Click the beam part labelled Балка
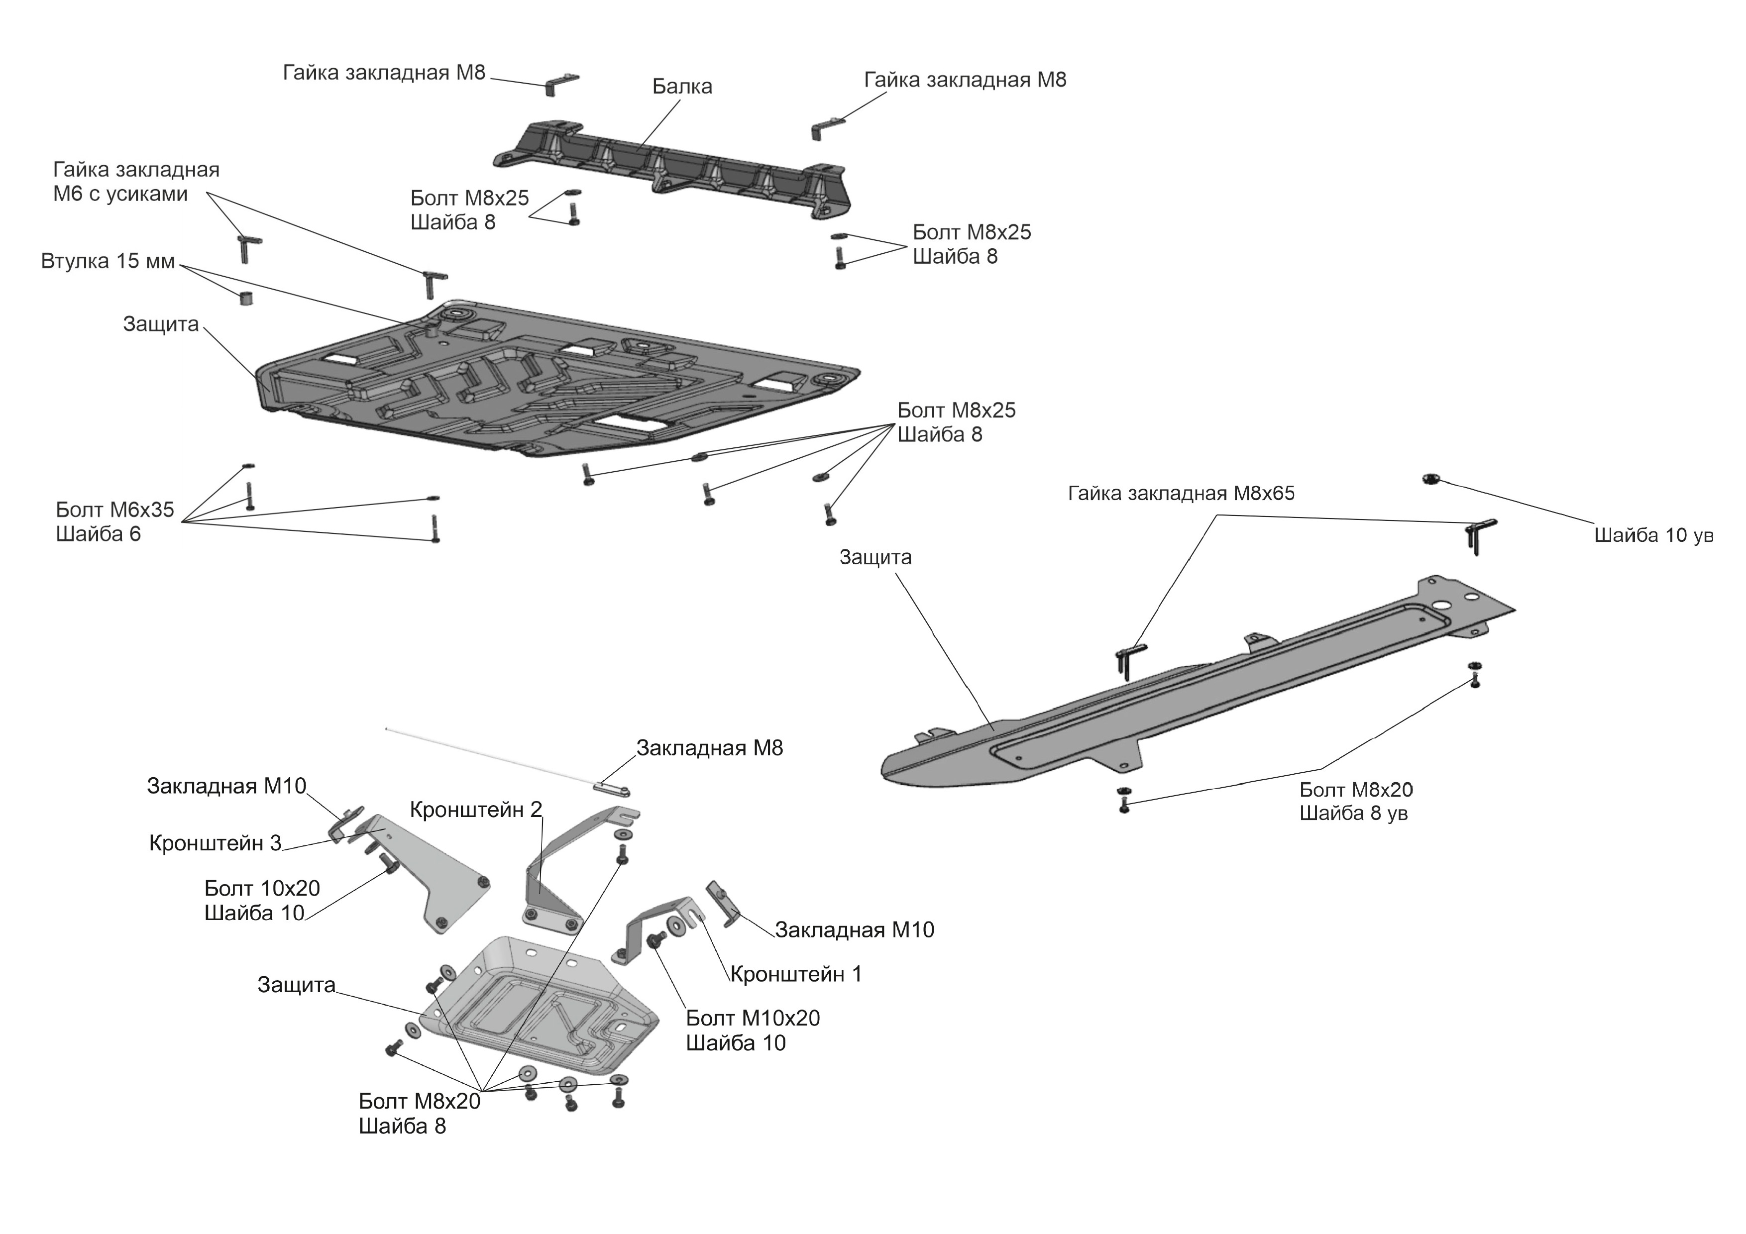[x=669, y=164]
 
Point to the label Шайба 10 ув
[x=1653, y=535]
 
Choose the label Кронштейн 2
[x=475, y=810]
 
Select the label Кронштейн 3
[x=215, y=842]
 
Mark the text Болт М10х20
[x=752, y=1018]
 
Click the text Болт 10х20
[x=262, y=888]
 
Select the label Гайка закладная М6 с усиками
[x=135, y=182]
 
